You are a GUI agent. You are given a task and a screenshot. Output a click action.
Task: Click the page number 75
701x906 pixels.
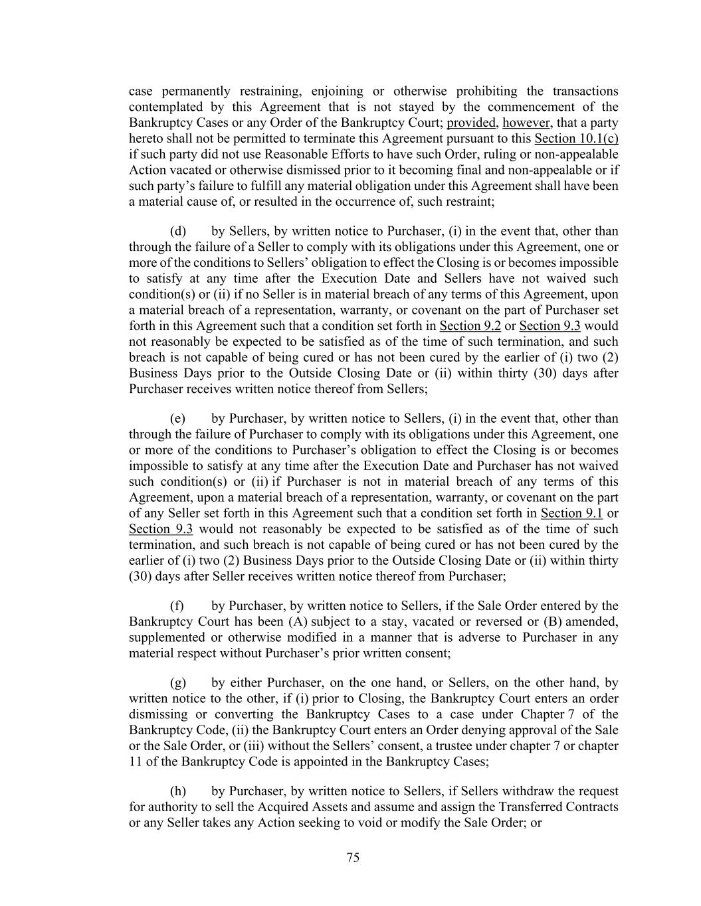[x=353, y=858]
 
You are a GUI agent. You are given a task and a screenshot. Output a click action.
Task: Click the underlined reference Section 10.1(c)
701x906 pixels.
[x=576, y=139]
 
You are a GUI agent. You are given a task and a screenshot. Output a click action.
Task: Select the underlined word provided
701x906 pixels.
[x=471, y=123]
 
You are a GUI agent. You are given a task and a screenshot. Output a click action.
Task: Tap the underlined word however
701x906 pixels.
[x=526, y=123]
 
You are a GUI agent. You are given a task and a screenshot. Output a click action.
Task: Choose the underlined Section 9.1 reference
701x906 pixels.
[x=571, y=513]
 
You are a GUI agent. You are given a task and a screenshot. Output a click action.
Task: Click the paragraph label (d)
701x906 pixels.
[x=177, y=231]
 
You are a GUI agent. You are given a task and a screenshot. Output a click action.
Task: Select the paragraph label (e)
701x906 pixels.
[x=177, y=418]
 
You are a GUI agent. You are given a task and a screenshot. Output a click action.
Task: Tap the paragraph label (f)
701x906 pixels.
[x=177, y=606]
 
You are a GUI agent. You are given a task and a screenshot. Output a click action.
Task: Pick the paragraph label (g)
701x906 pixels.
[x=178, y=683]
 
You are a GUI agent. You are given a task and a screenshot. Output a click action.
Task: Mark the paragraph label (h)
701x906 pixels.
[x=178, y=791]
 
